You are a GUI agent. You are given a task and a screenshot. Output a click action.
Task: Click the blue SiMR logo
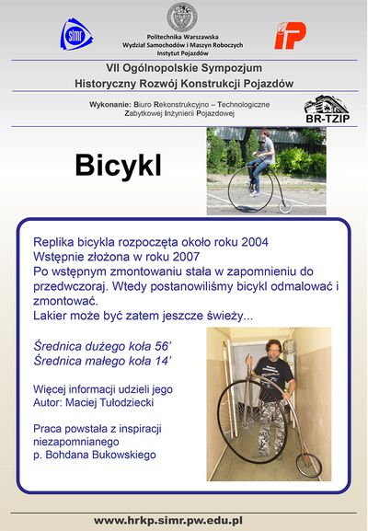click(75, 36)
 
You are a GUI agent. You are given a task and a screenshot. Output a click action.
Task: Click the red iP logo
click(290, 36)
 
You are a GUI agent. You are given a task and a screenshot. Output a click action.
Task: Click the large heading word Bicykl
click(118, 166)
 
